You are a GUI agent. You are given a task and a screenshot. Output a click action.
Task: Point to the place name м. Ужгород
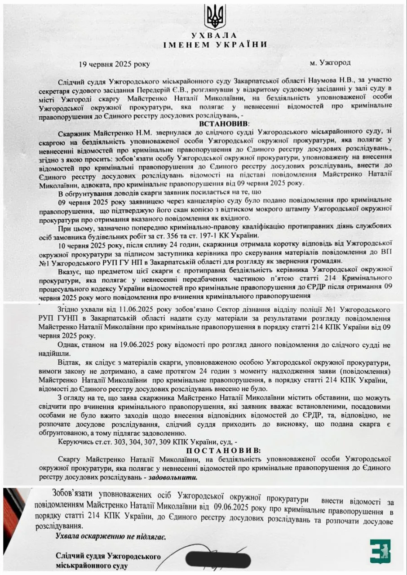pyautogui.click(x=330, y=63)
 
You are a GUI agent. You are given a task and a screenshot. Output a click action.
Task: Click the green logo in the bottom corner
pyautogui.click(x=380, y=551)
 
